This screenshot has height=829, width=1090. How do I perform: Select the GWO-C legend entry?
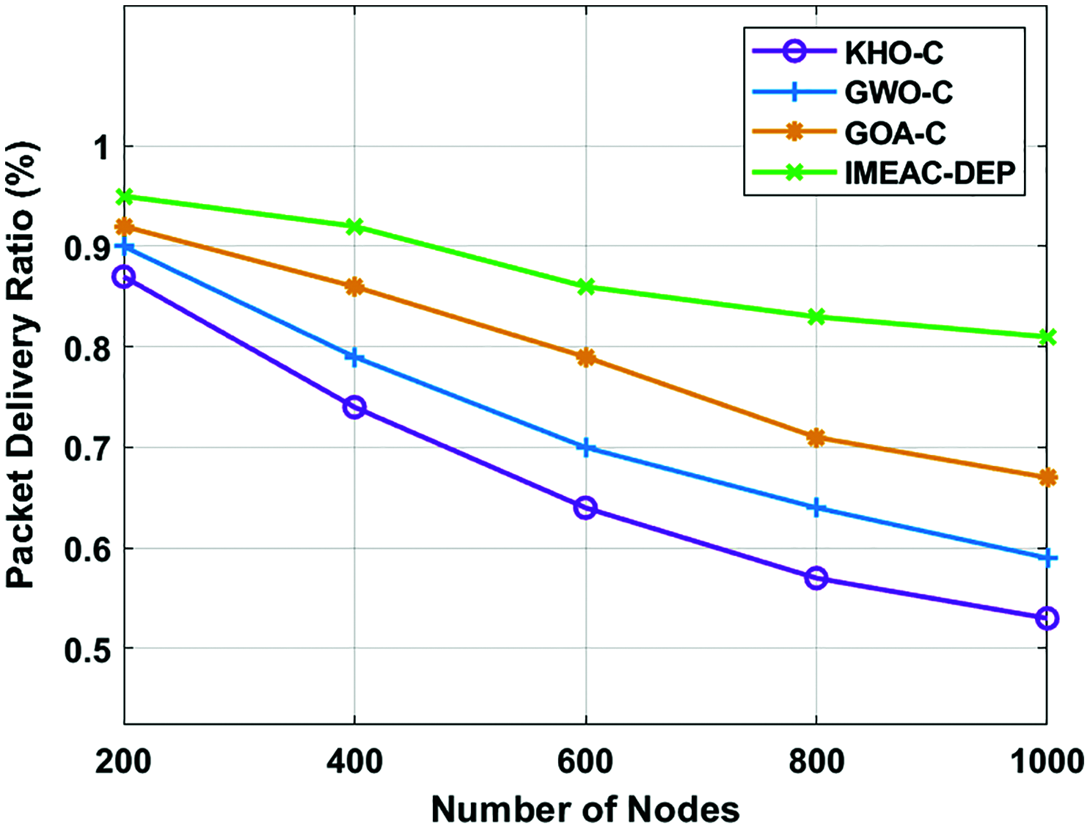[898, 92]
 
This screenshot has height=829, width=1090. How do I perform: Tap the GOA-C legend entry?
[895, 133]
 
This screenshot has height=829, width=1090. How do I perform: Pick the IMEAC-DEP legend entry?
[929, 173]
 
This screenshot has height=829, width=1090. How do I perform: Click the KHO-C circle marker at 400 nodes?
[354, 407]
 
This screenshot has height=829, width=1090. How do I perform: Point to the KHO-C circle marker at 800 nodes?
[816, 579]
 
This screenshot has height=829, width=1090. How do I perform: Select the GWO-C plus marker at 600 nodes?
[585, 448]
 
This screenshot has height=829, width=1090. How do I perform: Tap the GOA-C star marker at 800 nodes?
[816, 438]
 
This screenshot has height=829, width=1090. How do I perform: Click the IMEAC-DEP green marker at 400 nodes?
[354, 227]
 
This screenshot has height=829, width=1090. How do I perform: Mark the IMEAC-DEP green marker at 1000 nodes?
[1047, 337]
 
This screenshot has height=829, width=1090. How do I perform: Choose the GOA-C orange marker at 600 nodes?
[585, 358]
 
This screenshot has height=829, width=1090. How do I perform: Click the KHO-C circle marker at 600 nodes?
[585, 508]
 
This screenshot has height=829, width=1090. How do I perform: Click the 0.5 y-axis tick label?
[87, 649]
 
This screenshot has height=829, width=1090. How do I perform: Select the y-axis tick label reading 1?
[100, 147]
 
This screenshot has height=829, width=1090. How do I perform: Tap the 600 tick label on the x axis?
[585, 762]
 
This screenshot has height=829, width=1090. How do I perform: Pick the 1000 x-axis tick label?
[1047, 762]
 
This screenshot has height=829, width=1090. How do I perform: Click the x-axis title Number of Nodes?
[585, 809]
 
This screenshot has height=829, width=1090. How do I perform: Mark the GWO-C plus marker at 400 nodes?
[354, 358]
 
